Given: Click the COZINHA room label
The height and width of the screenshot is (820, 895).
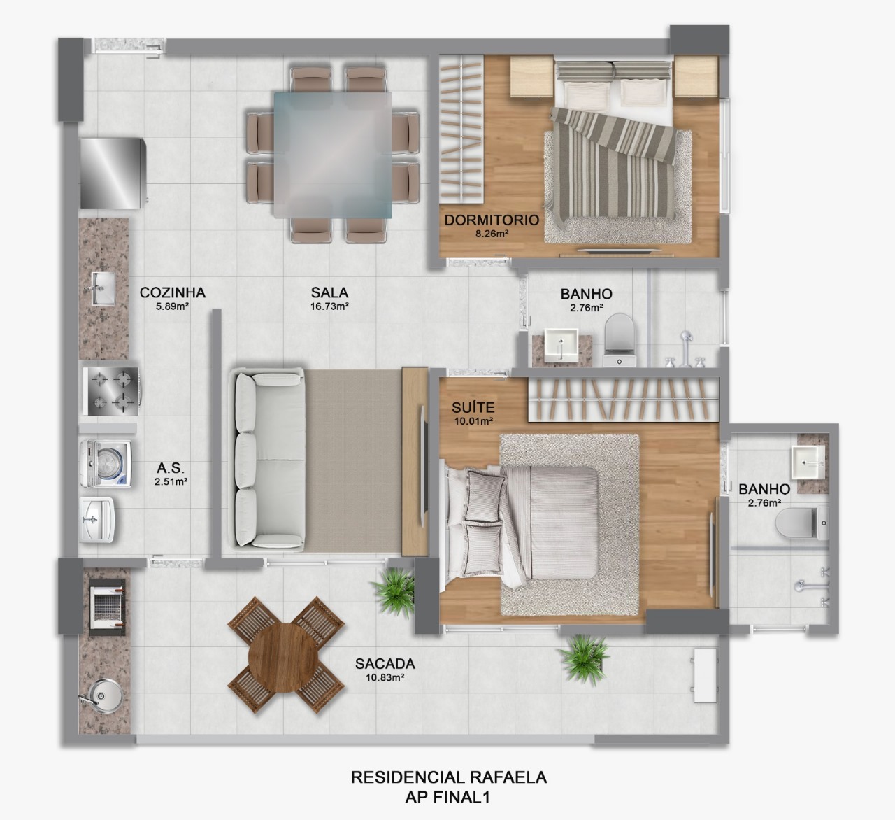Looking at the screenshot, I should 172,292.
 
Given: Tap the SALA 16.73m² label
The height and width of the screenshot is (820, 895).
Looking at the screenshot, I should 329,293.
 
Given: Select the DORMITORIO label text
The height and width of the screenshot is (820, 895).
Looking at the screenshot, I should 492,220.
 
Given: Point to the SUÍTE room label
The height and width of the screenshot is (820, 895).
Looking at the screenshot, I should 473,407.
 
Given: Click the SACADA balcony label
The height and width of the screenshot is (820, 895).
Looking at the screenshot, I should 385,663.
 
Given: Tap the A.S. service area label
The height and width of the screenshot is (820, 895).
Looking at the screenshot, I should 171,468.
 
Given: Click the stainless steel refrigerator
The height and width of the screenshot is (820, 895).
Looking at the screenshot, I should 112,173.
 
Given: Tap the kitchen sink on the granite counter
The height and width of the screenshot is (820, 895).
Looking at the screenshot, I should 102,288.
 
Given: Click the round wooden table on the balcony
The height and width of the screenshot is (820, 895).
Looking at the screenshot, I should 288,656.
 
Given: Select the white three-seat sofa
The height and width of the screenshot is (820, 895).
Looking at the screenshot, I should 268,459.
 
